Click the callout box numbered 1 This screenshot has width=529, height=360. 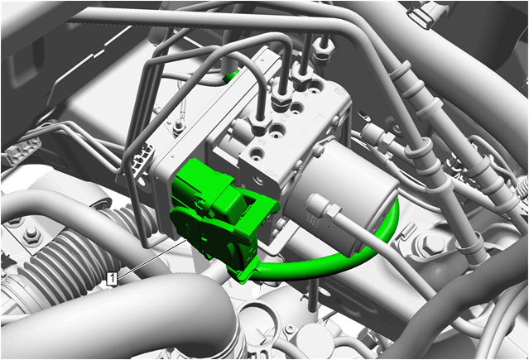pos(112,279)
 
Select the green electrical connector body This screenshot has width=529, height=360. pos(216,217)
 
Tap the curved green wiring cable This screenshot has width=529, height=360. pos(334,256)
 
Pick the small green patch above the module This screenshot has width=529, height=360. pos(232,75)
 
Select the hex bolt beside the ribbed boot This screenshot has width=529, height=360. pos(31,233)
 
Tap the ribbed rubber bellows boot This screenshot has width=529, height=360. pos(68,257)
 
